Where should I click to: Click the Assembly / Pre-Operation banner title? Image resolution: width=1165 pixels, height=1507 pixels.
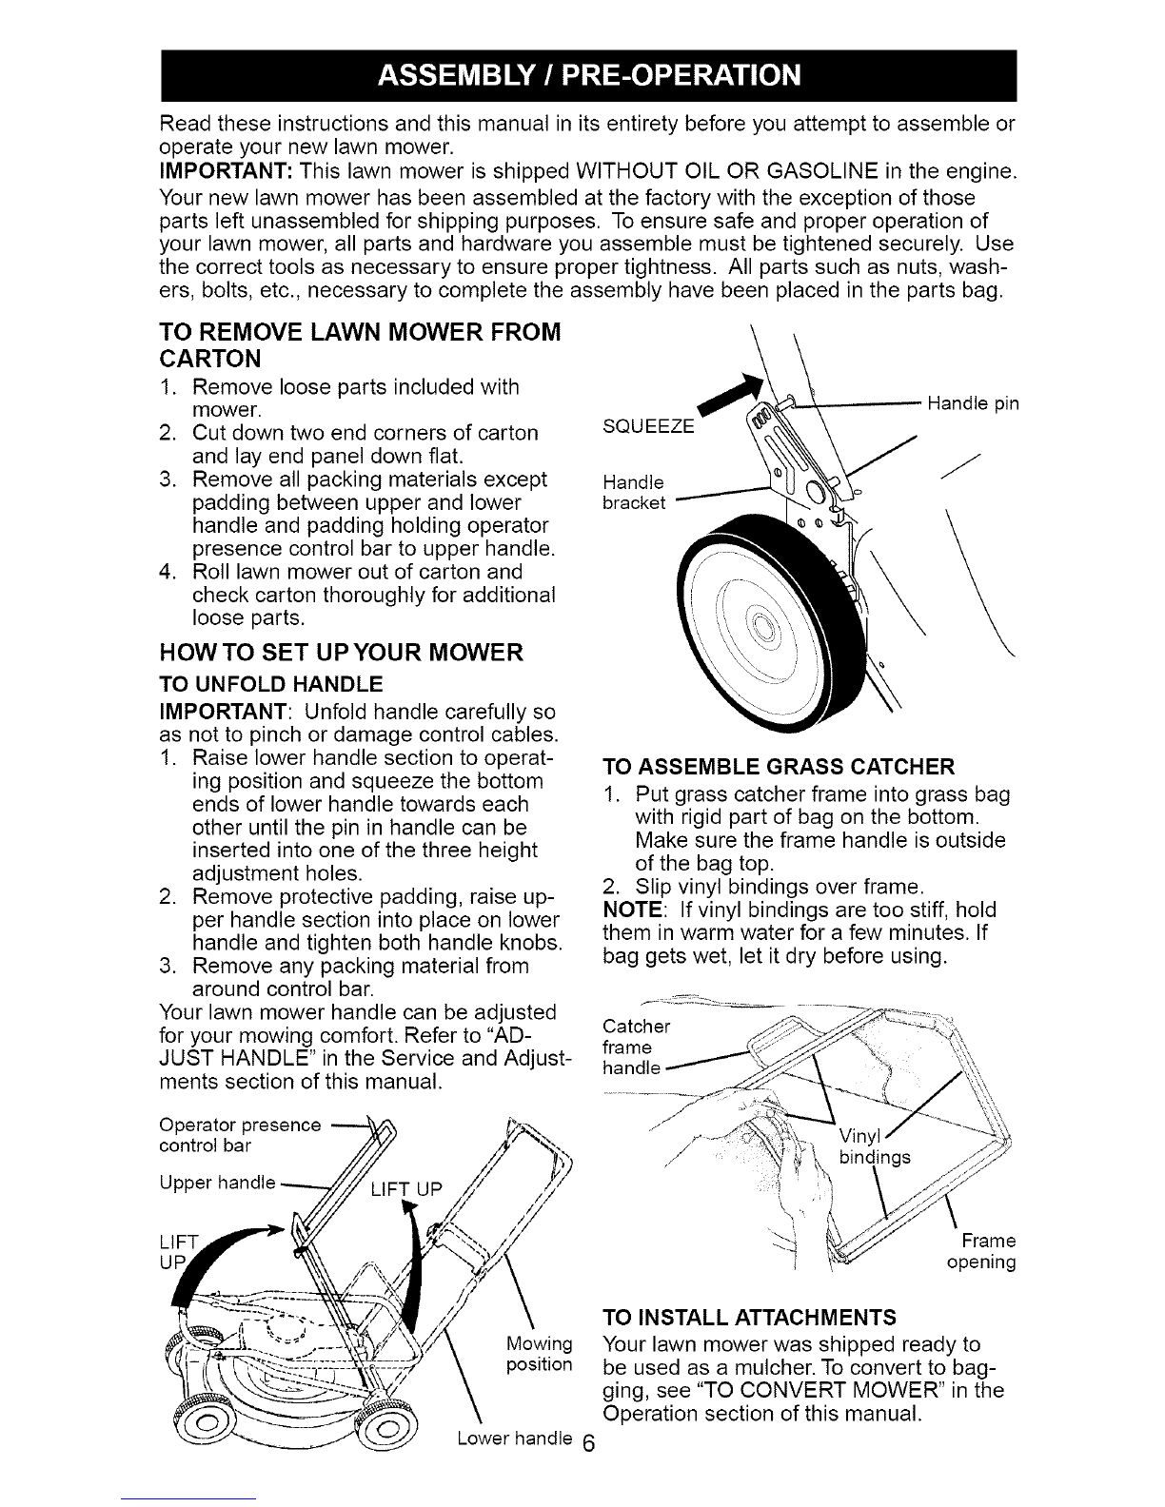589,75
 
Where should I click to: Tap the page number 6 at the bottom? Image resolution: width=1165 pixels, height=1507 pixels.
588,1444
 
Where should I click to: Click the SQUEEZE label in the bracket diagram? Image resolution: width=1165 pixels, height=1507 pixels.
648,426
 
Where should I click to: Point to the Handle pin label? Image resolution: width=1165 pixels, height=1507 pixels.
973,404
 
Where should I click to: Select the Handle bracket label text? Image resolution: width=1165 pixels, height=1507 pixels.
634,493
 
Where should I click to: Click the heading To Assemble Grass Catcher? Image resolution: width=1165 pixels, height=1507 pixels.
779,766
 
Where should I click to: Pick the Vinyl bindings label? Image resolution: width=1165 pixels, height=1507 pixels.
875,1146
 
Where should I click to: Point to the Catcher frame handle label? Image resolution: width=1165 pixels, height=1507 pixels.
636,1047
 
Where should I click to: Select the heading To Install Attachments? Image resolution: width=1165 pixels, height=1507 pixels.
749,1317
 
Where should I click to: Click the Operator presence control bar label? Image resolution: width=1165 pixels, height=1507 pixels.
240,1135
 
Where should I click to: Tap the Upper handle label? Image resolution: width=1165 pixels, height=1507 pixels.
217,1182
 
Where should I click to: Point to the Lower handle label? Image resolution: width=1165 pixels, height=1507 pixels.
514,1438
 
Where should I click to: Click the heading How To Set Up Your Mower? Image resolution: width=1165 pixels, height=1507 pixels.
342,653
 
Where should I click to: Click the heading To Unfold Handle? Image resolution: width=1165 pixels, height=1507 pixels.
271,684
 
